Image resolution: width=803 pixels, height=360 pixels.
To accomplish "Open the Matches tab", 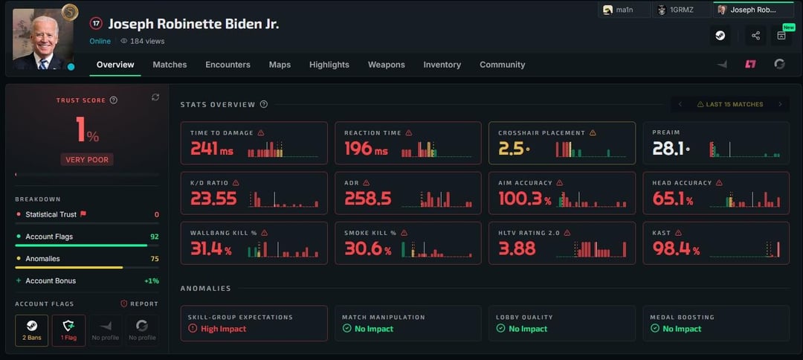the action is pyautogui.click(x=170, y=65).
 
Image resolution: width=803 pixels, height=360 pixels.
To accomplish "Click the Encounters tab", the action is pyautogui.click(x=228, y=65).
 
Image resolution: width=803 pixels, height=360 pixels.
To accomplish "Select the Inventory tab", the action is pyautogui.click(x=442, y=65).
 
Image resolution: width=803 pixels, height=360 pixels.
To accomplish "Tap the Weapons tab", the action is pyautogui.click(x=386, y=65).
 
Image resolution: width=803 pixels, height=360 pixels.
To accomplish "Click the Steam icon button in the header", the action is pyautogui.click(x=720, y=36).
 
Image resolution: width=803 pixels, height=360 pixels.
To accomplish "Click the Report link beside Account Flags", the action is pyautogui.click(x=139, y=303).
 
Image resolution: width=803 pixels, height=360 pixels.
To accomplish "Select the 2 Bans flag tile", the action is pyautogui.click(x=32, y=330).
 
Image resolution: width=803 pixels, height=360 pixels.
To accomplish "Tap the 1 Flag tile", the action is pyautogui.click(x=68, y=330).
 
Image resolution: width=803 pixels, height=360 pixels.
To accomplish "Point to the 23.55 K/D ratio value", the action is pyautogui.click(x=213, y=199).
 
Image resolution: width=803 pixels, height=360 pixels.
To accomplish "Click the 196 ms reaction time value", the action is pyautogui.click(x=366, y=149).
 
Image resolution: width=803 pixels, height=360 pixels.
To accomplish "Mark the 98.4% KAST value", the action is pyautogui.click(x=677, y=249).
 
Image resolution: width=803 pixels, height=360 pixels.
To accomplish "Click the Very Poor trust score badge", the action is pyautogui.click(x=87, y=159).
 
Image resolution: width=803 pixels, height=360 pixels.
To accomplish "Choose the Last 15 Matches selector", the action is pyautogui.click(x=730, y=104).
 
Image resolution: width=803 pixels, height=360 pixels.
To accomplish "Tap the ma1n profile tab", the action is pyautogui.click(x=625, y=10).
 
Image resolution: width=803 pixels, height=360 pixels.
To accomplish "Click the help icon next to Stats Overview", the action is pyautogui.click(x=264, y=104).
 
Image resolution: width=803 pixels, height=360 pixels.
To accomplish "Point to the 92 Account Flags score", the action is pyautogui.click(x=155, y=237).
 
